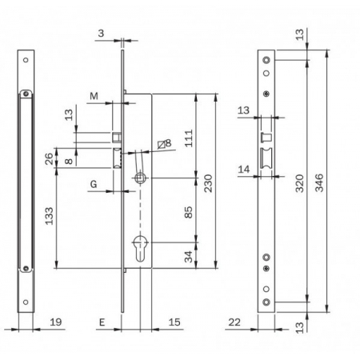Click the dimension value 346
(319, 183)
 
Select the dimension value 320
(300, 183)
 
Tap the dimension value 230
(208, 183)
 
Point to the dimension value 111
(189, 138)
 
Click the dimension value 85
(189, 212)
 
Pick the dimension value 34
(189, 257)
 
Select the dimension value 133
(49, 216)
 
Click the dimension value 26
(49, 159)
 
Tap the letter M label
(94, 96)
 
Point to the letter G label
(94, 184)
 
